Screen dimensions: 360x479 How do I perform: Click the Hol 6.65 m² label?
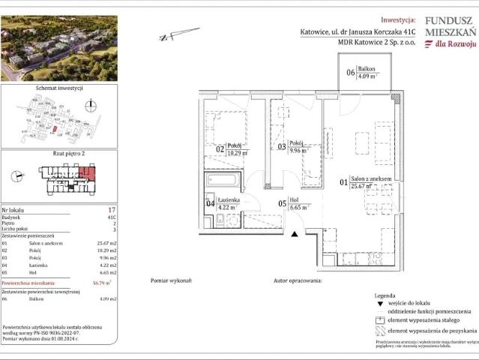pyautogui.click(x=299, y=205)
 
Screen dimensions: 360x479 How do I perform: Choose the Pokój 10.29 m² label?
pyautogui.click(x=238, y=152)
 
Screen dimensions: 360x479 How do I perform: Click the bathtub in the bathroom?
pyautogui.click(x=222, y=181)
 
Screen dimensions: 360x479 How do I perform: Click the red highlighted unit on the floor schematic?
pyautogui.click(x=86, y=177)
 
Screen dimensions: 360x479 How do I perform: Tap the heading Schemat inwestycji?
pyautogui.click(x=58, y=88)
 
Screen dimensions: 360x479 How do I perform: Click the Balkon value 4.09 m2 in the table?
pyautogui.click(x=106, y=299)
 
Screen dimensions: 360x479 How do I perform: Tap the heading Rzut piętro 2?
pyautogui.click(x=59, y=153)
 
